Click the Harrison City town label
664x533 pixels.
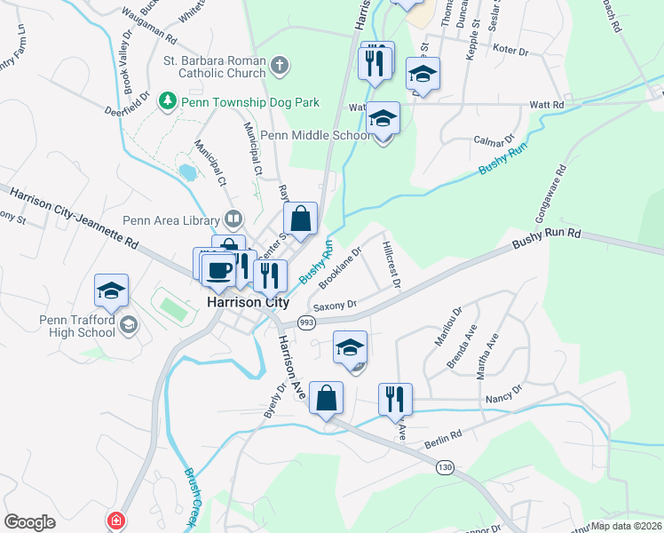coord(248,302)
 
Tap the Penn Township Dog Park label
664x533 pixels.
coord(249,103)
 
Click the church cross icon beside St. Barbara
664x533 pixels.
coord(280,64)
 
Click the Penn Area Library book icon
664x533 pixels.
coord(233,218)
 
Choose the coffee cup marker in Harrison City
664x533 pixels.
coord(218,269)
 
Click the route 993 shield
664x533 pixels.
coord(307,322)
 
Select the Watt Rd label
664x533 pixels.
coord(547,105)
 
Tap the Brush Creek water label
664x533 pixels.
coord(191,494)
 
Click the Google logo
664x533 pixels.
coord(29,522)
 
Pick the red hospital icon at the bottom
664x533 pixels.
coord(115,521)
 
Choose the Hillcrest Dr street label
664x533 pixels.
coord(391,264)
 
